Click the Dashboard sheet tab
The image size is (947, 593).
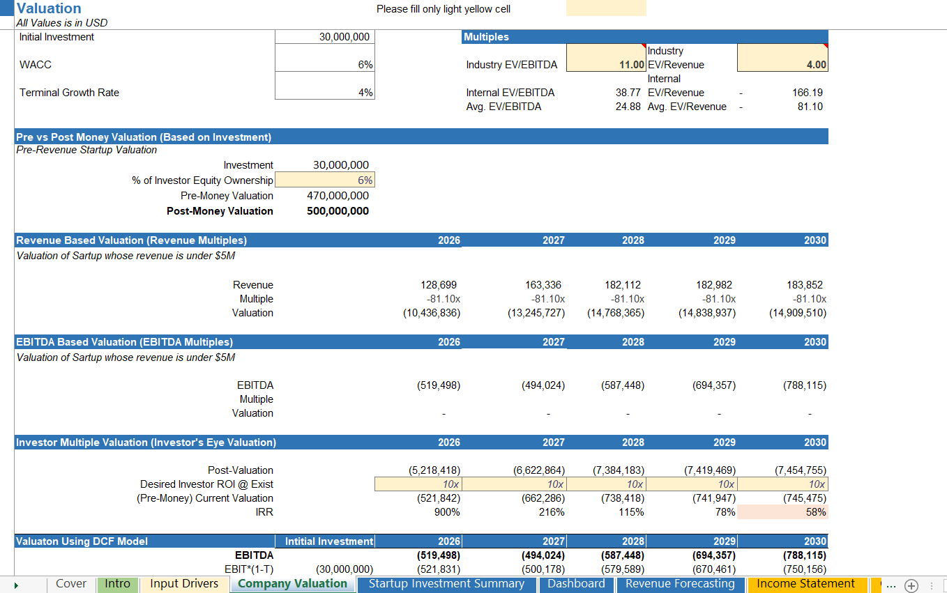[576, 584]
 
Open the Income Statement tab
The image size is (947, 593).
[805, 584]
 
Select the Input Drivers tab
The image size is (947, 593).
[184, 584]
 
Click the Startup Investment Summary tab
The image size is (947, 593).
[446, 584]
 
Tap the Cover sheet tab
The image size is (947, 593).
[71, 584]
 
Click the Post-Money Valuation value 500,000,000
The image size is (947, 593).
[338, 211]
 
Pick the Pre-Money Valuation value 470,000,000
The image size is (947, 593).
[338, 196]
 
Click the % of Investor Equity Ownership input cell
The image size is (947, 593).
[324, 180]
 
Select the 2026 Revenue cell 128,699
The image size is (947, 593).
[439, 285]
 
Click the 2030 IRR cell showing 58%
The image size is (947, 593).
[782, 512]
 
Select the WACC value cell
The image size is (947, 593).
[324, 65]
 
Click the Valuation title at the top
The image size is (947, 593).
[49, 8]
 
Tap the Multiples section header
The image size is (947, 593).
[486, 37]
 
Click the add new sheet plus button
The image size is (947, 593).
[911, 585]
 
